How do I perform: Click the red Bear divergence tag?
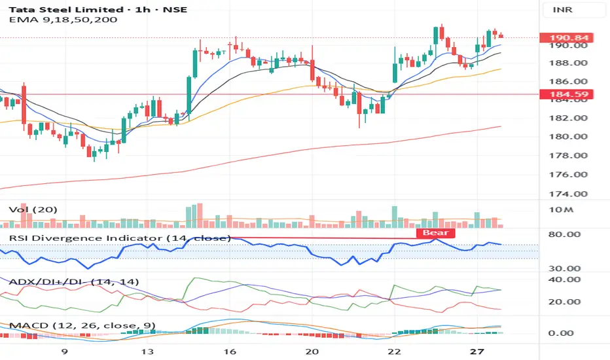tap(435, 232)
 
